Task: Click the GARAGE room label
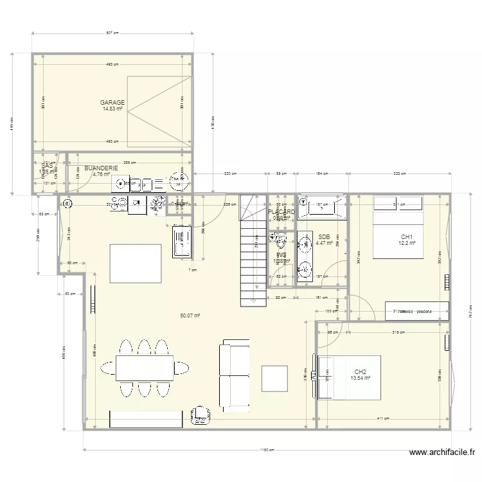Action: pyautogui.click(x=112, y=103)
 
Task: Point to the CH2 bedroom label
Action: pyautogui.click(x=360, y=372)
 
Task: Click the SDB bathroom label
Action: pyautogui.click(x=324, y=237)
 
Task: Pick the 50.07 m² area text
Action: pyautogui.click(x=191, y=316)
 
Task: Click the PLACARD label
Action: pyautogui.click(x=281, y=211)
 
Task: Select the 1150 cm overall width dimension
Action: pyautogui.click(x=263, y=449)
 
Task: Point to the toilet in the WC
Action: pyautogui.click(x=280, y=243)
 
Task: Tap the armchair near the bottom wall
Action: pyautogui.click(x=202, y=415)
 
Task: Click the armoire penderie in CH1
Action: pyautogui.click(x=416, y=310)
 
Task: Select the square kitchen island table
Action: pyautogui.click(x=136, y=263)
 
